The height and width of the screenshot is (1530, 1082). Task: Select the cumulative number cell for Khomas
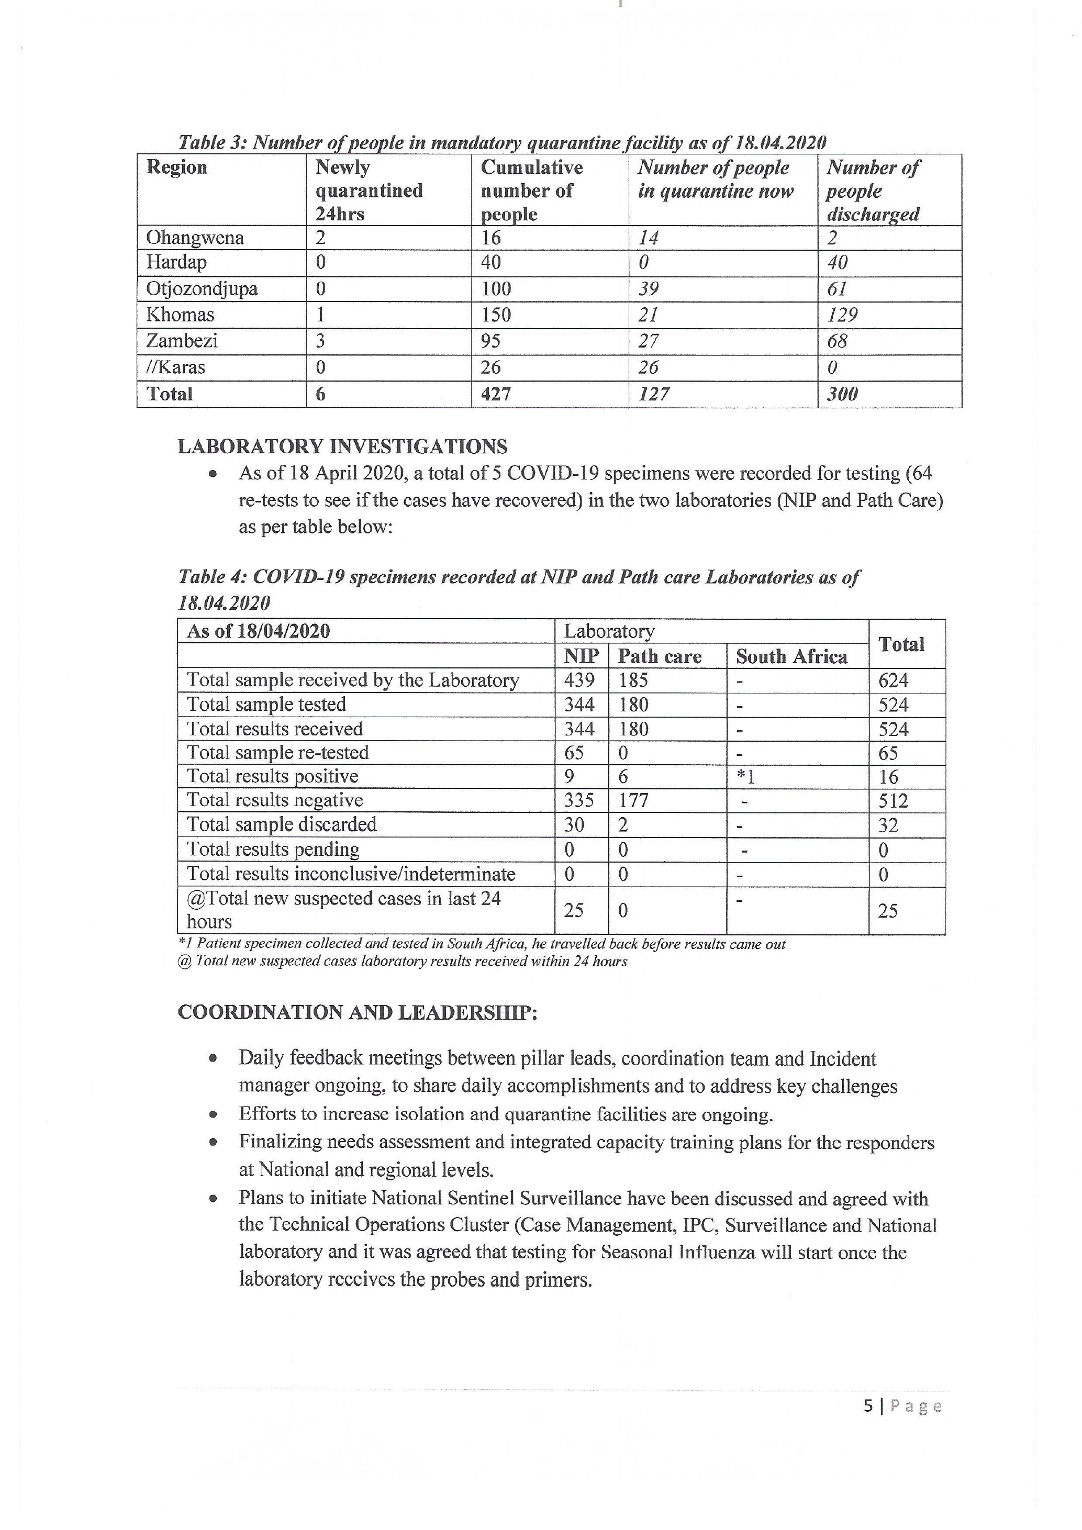[496, 315]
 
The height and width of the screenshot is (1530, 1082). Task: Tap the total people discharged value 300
[842, 394]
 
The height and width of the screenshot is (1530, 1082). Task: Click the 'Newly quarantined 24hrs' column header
[369, 191]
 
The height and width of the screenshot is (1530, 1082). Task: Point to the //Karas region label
[176, 367]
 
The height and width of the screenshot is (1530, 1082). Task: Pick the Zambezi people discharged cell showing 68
[837, 341]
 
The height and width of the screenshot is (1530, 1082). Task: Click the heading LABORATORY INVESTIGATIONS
[342, 446]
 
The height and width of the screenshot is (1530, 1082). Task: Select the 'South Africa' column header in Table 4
[791, 657]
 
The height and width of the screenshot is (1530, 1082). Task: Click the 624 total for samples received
[893, 680]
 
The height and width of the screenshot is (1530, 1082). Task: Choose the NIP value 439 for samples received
[579, 680]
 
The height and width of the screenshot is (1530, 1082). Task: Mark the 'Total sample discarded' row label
[281, 825]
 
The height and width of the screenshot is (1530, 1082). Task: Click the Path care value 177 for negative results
[633, 800]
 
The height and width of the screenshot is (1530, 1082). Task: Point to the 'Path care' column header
[660, 657]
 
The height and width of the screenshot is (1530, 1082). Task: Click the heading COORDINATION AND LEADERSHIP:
[357, 1013]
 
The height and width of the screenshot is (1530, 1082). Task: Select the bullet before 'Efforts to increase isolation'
[213, 1114]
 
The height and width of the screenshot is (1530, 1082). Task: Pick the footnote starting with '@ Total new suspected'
[403, 962]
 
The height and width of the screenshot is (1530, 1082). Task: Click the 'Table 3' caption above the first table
[501, 142]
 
